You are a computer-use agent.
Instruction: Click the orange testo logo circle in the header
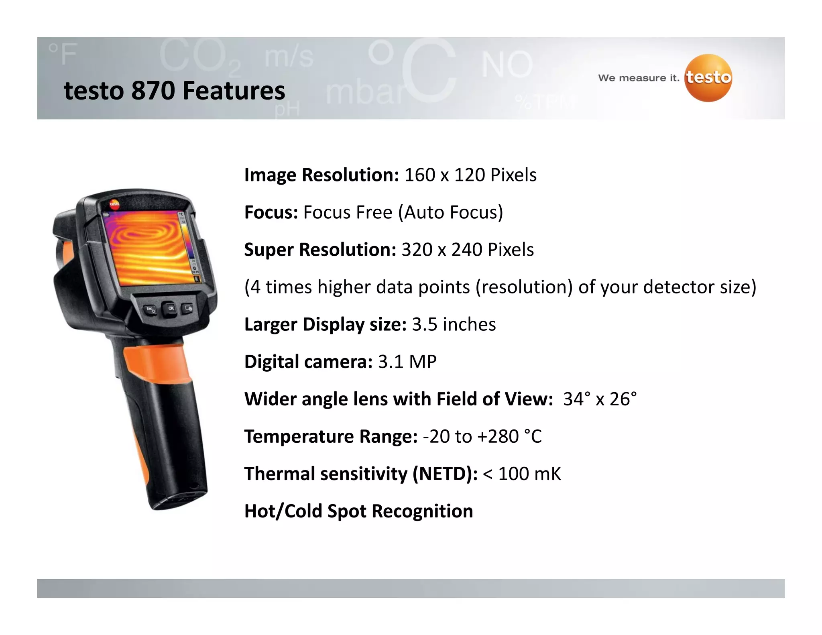coord(708,78)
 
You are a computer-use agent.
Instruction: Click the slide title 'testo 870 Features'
coord(175,90)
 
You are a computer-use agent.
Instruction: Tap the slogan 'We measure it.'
coord(639,78)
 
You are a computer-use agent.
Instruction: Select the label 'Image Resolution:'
coord(321,175)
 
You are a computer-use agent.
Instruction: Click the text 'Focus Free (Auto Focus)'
coord(403,212)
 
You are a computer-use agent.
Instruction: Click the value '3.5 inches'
coord(454,324)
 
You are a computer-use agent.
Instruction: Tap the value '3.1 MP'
coord(407,362)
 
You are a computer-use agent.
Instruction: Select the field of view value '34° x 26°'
coord(600,399)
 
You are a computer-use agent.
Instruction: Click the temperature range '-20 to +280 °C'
coord(482,436)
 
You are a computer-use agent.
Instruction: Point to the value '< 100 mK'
coord(521,474)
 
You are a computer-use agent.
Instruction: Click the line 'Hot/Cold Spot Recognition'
coord(358,511)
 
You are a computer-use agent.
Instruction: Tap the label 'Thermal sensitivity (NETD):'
coord(361,474)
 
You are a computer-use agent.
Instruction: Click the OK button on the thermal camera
coord(171,308)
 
